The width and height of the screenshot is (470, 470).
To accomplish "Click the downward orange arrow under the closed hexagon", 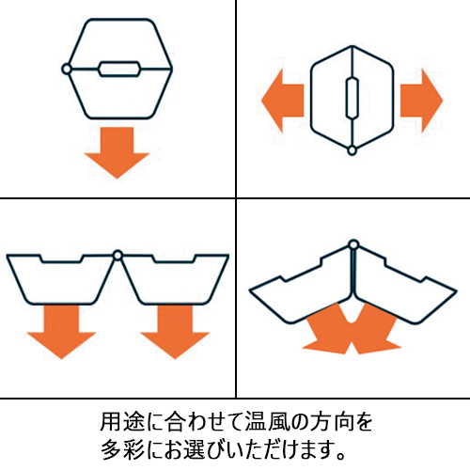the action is [x=117, y=152].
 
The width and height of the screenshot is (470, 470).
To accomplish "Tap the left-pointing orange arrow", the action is [x=283, y=101].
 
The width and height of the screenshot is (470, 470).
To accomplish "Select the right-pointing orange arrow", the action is [x=421, y=101].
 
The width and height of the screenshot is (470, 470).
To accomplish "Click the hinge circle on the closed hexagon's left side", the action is [x=67, y=69].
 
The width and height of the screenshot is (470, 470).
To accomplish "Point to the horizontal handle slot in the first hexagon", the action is [x=119, y=69].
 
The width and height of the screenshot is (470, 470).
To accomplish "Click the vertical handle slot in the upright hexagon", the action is [x=352, y=97].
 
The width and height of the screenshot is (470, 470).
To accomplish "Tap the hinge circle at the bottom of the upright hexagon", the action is [x=352, y=150].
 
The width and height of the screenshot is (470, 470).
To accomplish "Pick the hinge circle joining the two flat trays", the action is [x=117, y=256].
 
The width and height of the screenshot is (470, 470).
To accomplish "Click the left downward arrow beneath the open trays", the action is [x=61, y=332].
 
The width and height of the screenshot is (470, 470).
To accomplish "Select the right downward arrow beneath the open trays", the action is [x=175, y=332].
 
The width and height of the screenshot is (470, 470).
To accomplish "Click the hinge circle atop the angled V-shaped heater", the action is [x=353, y=244].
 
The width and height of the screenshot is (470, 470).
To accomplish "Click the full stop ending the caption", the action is [x=340, y=455].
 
